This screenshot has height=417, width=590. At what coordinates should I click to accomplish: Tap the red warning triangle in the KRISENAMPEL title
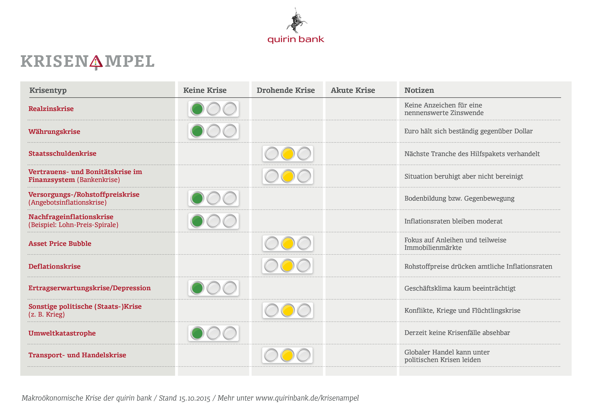(96, 62)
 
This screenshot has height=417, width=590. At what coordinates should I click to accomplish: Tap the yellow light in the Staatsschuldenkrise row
(288, 154)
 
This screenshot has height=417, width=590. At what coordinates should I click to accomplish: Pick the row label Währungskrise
(54, 131)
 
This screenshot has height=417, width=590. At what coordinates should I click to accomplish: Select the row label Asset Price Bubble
(60, 244)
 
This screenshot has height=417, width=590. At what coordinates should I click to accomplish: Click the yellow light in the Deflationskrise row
(287, 266)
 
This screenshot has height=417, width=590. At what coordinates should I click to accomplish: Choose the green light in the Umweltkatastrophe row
(197, 333)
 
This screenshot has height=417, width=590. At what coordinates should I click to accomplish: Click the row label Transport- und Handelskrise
(77, 355)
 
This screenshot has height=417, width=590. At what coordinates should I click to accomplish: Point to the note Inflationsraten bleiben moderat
(453, 221)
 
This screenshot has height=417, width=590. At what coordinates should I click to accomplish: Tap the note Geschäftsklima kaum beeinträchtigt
(460, 288)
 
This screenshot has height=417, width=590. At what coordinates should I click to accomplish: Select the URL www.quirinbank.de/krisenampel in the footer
(307, 398)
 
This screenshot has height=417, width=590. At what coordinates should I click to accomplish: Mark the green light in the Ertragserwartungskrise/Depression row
(197, 288)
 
